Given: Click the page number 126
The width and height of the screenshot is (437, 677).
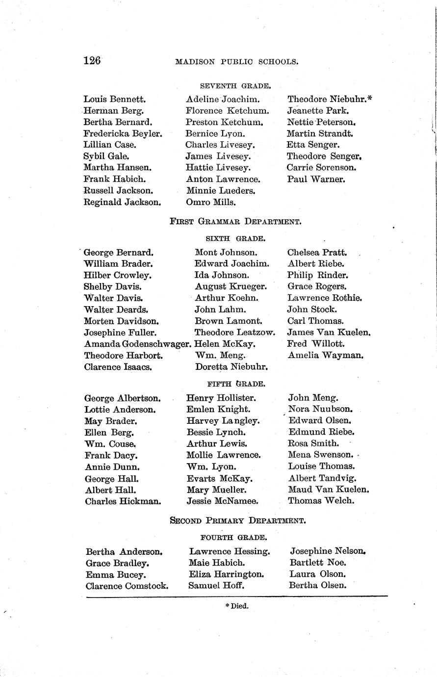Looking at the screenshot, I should (92, 61).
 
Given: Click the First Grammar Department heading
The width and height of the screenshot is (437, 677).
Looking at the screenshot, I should (235, 221).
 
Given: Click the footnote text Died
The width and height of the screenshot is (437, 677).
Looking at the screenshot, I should (237, 606).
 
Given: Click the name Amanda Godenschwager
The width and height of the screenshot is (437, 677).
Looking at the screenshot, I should (137, 344).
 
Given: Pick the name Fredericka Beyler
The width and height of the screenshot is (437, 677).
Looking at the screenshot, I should (123, 133).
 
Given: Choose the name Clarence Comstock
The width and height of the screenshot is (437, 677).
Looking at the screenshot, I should (127, 586).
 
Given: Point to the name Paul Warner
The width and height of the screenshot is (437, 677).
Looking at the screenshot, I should (316, 179).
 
